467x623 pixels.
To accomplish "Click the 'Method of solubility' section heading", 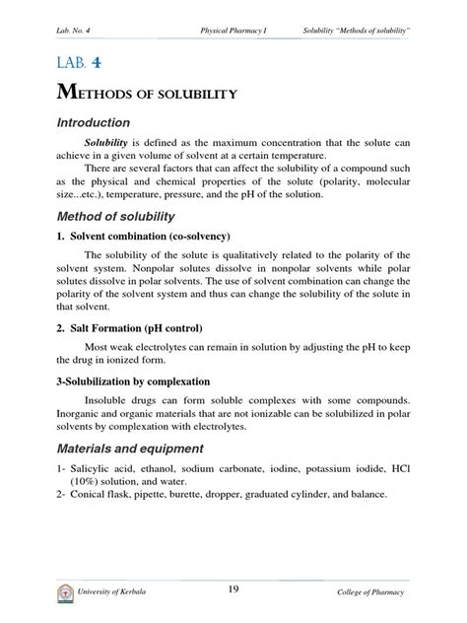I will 115,216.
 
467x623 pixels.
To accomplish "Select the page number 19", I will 233,589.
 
